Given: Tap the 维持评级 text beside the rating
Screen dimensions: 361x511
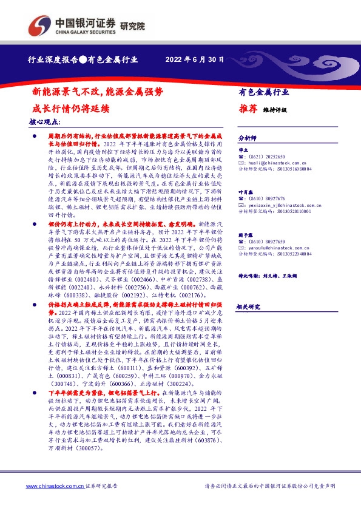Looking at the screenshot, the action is tap(275, 110).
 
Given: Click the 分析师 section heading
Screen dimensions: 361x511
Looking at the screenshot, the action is tap(247, 138).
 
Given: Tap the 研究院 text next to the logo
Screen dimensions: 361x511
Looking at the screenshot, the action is tap(133, 25).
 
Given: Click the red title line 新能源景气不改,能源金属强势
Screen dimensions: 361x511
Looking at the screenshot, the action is tap(97, 92).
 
